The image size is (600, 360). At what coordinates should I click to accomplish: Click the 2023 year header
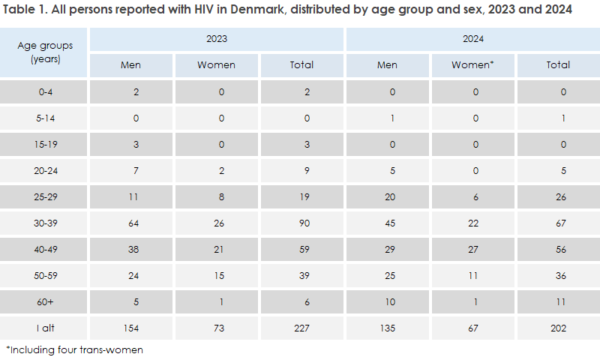(x=216, y=37)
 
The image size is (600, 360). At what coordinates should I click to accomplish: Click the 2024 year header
(x=472, y=37)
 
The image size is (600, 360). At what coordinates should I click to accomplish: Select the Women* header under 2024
(x=472, y=64)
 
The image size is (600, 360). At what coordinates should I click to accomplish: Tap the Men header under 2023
(x=130, y=64)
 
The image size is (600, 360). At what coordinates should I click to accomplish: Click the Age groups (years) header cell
(x=45, y=52)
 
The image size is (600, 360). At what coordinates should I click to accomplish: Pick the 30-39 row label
(x=45, y=223)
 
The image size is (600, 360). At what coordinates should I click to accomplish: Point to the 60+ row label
(x=45, y=301)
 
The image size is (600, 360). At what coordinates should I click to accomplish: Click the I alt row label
(x=45, y=328)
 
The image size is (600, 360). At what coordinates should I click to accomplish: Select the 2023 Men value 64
(x=130, y=223)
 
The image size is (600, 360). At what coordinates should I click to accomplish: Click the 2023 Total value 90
(x=301, y=223)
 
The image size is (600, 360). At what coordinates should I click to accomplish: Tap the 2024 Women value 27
(x=472, y=249)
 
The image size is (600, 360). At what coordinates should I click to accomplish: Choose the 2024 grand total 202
(x=558, y=328)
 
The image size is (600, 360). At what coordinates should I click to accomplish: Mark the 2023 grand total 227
(x=301, y=328)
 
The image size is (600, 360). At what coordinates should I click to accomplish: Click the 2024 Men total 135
(x=387, y=328)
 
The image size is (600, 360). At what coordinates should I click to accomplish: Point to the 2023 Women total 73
(x=216, y=328)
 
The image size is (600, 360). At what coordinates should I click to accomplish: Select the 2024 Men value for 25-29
(x=387, y=196)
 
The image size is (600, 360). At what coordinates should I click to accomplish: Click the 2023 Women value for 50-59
(x=216, y=275)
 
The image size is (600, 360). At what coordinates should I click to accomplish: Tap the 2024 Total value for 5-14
(x=558, y=118)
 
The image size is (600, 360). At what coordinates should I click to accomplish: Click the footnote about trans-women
(x=74, y=349)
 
